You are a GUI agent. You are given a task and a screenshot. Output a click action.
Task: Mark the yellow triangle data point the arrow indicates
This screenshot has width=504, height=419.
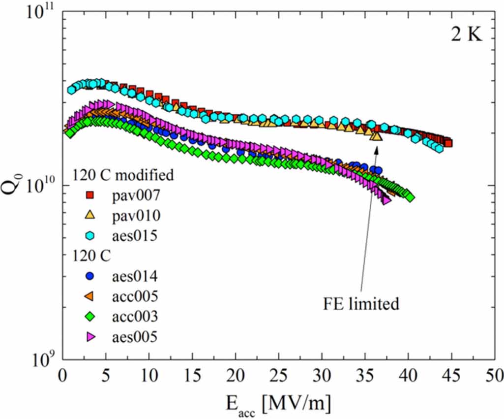pos(377,135)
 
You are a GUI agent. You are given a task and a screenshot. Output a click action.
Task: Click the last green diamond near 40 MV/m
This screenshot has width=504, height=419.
pos(410,197)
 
